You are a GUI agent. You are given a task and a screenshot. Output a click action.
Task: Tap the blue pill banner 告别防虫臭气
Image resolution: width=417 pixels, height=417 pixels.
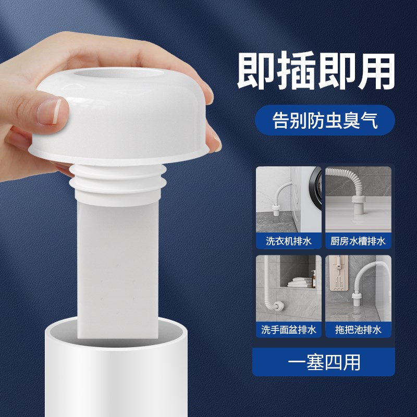coord(325,120)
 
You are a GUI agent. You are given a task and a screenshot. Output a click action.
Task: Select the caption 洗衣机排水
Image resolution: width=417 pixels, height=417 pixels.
coord(288,241)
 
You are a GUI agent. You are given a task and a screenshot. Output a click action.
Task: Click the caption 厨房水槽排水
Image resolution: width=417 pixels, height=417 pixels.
coord(358,241)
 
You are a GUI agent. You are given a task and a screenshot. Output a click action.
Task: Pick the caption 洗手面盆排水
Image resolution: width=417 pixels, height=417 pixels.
coord(288,329)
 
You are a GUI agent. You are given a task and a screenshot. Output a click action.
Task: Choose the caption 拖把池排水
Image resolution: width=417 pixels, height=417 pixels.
coord(358,329)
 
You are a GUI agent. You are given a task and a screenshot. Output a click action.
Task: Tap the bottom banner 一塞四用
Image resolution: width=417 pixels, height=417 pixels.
coord(323,361)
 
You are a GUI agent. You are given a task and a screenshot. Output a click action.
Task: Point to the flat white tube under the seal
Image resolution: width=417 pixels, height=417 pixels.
coord(118,261)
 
